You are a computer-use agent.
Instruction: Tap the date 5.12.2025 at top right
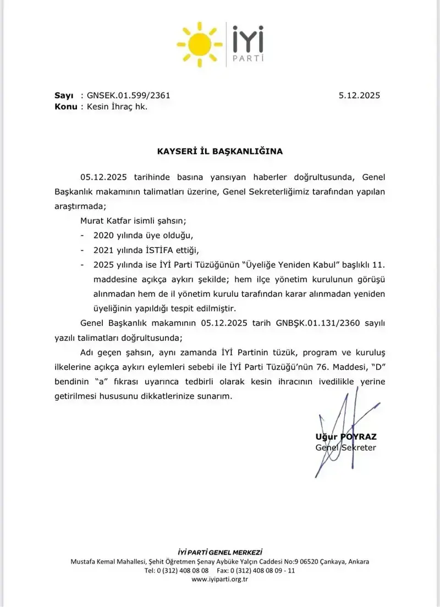(x=359, y=95)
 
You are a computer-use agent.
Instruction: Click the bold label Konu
(x=65, y=107)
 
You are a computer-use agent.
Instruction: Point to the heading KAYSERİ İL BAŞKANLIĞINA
(x=221, y=150)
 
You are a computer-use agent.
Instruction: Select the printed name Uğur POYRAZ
(x=346, y=437)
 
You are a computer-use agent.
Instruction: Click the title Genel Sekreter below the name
(x=345, y=448)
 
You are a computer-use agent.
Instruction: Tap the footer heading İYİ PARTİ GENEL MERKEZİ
(x=220, y=551)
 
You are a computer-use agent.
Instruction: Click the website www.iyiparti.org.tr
(x=220, y=580)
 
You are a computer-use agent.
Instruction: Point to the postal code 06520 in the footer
(x=306, y=561)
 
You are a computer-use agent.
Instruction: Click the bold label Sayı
(x=64, y=95)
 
